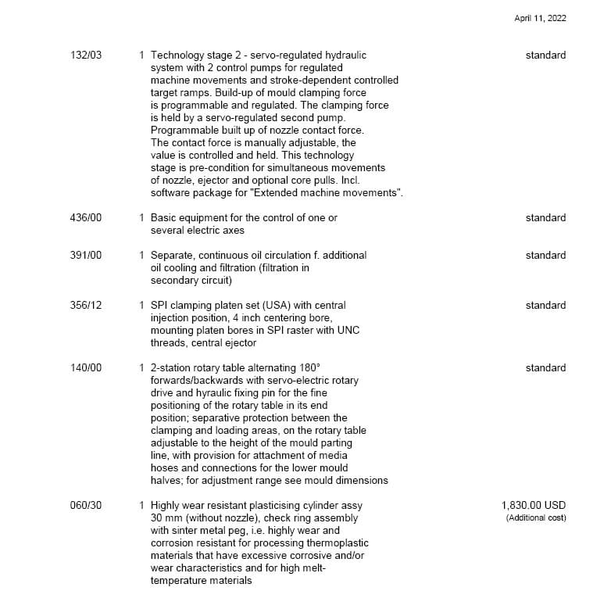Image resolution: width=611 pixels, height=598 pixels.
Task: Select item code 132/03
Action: tap(86, 56)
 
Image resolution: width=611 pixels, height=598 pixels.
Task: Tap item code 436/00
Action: tap(86, 218)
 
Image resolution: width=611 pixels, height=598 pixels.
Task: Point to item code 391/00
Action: tap(86, 256)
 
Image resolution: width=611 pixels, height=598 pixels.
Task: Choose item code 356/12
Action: tap(86, 306)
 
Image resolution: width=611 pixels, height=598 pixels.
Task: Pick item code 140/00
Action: tap(86, 368)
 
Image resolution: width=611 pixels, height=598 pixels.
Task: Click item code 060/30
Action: tap(86, 506)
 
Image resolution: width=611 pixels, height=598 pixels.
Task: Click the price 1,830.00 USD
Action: tap(534, 506)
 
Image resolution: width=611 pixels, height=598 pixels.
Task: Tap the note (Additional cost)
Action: tap(536, 517)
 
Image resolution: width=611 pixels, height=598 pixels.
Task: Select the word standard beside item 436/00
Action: tap(545, 218)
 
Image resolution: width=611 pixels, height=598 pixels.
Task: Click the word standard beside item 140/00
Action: tap(545, 368)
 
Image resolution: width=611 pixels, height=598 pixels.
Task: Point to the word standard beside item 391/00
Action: tap(545, 256)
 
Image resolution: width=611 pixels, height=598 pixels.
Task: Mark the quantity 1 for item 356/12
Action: tap(141, 306)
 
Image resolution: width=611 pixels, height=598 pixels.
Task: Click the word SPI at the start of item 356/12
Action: tap(159, 306)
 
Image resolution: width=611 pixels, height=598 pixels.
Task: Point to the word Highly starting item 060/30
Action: tap(166, 506)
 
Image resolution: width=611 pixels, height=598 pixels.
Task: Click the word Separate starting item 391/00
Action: tap(173, 256)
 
